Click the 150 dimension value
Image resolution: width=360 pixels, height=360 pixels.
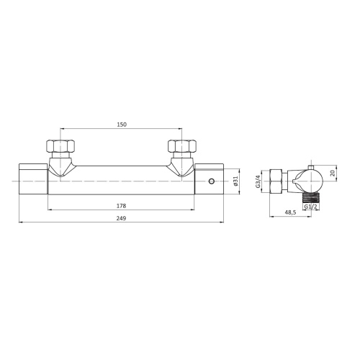click(122, 125)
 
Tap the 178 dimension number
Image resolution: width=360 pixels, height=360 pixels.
click(121, 206)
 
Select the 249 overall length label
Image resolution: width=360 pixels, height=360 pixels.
click(121, 218)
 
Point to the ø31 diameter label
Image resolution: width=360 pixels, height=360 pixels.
click(235, 181)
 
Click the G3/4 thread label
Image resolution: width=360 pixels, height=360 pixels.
click(258, 181)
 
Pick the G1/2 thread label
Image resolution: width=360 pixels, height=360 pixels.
click(310, 207)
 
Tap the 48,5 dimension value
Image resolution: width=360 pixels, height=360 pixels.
click(291, 212)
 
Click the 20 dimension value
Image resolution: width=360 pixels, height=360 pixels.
click(333, 173)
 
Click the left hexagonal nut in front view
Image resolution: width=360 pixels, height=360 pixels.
click(60, 146)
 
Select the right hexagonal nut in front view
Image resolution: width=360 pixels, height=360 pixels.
click(182, 146)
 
